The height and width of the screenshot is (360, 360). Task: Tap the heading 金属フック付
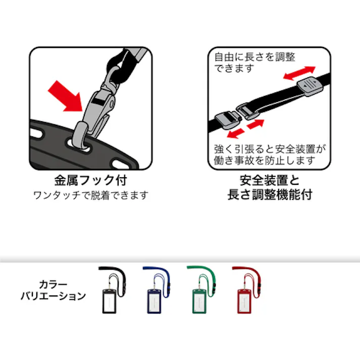pyautogui.click(x=90, y=180)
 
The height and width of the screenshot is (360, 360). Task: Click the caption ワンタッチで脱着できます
pyautogui.click(x=90, y=195)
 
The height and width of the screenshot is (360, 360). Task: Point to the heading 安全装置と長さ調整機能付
pyautogui.click(x=270, y=187)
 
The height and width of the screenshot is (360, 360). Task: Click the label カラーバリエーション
pyautogui.click(x=53, y=290)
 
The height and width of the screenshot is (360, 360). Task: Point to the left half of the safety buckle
pyautogui.click(x=226, y=121)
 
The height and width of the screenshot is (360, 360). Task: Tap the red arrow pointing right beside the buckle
pyautogui.click(x=255, y=123)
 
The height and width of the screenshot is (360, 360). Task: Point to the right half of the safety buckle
pyautogui.click(x=245, y=111)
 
